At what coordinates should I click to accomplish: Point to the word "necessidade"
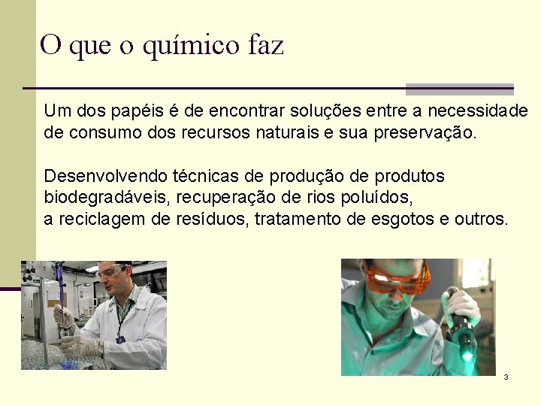478,111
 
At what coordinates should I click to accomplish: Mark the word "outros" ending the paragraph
482,219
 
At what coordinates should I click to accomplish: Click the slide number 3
506,377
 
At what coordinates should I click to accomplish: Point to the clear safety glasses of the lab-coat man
110,272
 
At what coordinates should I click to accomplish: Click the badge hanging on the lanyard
120,339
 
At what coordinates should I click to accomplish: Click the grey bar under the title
459,89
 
